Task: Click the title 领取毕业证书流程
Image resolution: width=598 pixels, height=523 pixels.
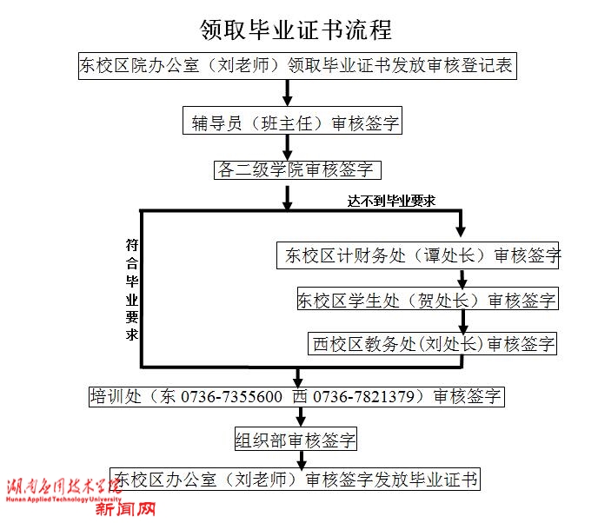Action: (x=296, y=30)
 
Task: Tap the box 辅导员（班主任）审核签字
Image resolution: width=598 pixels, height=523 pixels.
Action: (x=296, y=122)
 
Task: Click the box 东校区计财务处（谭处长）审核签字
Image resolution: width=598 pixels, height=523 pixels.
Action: (x=417, y=255)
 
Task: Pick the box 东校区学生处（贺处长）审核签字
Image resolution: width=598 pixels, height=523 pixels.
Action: (x=426, y=300)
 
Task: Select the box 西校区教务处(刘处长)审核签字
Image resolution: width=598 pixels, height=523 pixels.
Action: (x=433, y=343)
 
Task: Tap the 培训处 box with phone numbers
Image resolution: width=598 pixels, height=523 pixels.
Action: (x=296, y=397)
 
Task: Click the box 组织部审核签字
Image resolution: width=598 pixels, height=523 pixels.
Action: (x=296, y=440)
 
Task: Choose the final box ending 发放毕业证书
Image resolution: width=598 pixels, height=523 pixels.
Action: (x=296, y=479)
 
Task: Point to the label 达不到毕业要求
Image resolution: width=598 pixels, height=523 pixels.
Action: (x=391, y=201)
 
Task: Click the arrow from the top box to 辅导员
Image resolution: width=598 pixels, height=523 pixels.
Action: (x=288, y=94)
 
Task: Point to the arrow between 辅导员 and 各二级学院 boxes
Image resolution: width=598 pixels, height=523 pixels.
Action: (x=288, y=147)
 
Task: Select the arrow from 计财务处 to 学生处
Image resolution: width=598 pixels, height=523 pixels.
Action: (x=462, y=278)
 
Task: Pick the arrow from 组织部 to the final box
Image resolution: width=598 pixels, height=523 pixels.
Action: (x=301, y=460)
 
